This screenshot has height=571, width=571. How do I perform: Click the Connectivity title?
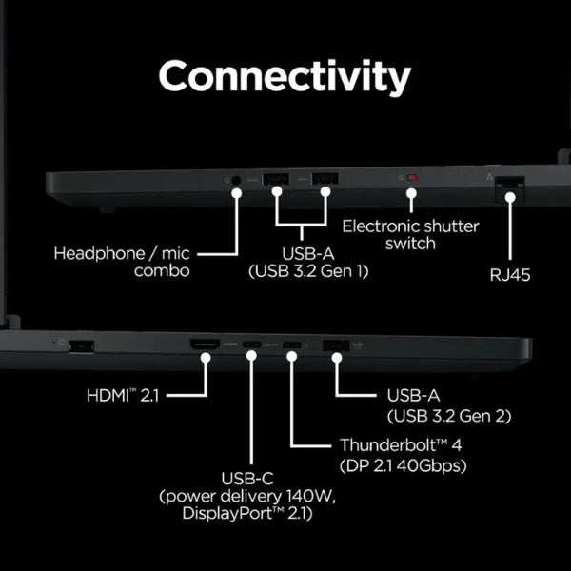(x=285, y=77)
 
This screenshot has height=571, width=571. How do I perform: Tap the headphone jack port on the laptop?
(x=236, y=180)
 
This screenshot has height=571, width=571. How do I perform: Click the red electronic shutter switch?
(x=413, y=178)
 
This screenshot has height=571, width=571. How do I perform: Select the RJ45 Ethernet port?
(x=510, y=183)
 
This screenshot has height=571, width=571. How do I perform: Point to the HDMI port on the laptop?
(x=205, y=345)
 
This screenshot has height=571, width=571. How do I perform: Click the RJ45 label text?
(x=510, y=275)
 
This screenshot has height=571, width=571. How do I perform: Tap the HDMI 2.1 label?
(x=123, y=396)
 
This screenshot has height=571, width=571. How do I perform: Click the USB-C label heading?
(x=247, y=479)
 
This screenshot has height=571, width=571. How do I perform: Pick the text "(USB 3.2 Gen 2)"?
(x=449, y=416)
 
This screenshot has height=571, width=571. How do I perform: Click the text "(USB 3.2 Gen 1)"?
(x=308, y=271)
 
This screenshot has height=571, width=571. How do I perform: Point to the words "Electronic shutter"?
(x=410, y=226)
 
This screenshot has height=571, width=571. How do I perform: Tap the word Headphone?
(x=99, y=253)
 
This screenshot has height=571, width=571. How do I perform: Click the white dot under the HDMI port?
(x=206, y=358)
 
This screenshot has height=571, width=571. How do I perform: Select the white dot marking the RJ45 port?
(x=510, y=197)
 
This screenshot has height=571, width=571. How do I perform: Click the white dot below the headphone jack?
(x=237, y=193)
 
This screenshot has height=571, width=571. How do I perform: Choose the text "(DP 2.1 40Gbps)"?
(x=404, y=465)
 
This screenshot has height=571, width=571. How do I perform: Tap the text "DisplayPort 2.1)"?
(x=247, y=514)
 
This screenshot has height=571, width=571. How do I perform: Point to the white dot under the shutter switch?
(x=411, y=193)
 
